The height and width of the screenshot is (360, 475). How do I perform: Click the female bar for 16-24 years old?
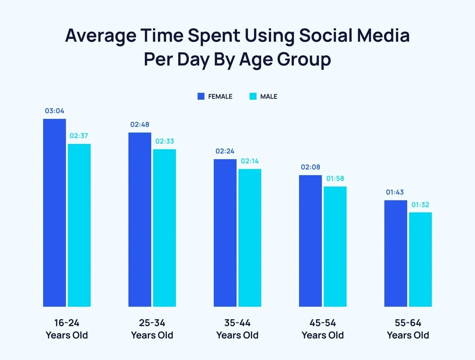coord(54,213)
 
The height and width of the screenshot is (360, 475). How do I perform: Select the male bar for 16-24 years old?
coord(79,225)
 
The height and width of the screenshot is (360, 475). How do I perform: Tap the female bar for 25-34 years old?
coord(140,219)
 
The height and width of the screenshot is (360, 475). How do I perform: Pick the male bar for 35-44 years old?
coord(250,238)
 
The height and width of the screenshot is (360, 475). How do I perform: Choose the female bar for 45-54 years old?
coord(310,241)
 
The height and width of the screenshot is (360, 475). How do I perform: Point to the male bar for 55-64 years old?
coord(420,259)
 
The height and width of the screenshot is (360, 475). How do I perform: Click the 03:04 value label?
coord(55,111)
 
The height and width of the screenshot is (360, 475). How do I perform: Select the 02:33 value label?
coord(164,141)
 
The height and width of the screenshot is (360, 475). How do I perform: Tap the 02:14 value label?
coord(250,161)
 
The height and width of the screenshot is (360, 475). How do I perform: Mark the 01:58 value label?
coord(335,179)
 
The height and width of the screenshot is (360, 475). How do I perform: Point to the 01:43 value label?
coord(395,192)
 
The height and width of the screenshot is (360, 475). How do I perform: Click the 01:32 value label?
coord(420,205)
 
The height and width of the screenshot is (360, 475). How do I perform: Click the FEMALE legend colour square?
coord(201,96)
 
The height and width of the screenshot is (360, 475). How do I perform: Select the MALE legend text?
coord(269,96)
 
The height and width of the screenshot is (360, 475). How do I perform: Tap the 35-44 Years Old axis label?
coord(237,329)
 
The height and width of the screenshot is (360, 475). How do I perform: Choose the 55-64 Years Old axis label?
coord(408,329)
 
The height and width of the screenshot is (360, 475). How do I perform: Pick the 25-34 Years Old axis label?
coord(152,329)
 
